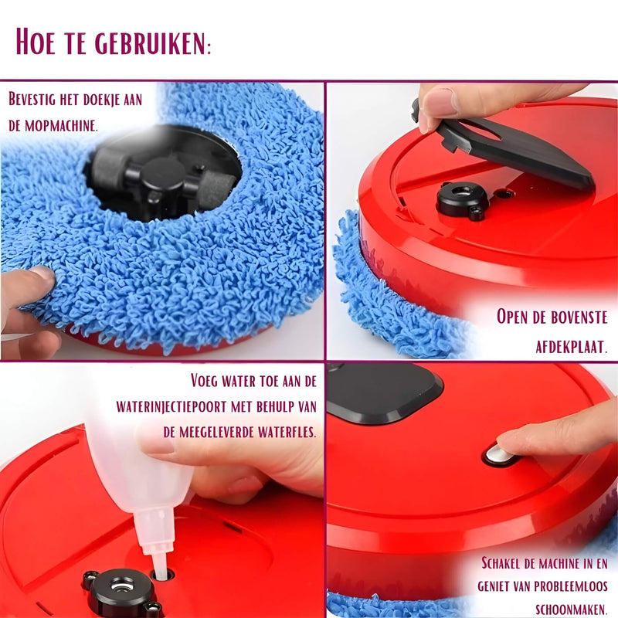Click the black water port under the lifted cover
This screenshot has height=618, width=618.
(462, 199)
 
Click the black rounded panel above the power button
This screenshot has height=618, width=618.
(384, 392)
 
